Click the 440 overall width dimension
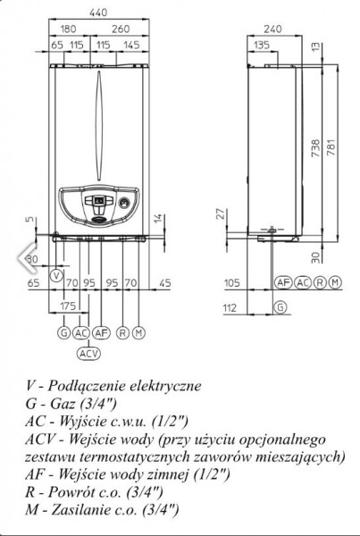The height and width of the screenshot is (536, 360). pyautogui.click(x=98, y=13)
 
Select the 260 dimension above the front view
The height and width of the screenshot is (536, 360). pyautogui.click(x=121, y=29)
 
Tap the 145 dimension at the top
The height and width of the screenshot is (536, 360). pyautogui.click(x=131, y=45)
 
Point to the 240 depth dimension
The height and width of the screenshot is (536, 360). pyautogui.click(x=272, y=29)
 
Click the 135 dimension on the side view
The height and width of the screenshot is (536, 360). pyautogui.click(x=262, y=45)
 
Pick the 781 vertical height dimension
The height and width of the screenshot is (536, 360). pyautogui.click(x=331, y=147)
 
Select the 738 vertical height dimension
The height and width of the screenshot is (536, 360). pyautogui.click(x=316, y=147)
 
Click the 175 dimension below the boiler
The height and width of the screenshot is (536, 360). pyautogui.click(x=68, y=306)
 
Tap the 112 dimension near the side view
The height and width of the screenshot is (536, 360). pyautogui.click(x=230, y=308)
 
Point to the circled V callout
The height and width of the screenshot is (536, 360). pyautogui.click(x=57, y=275)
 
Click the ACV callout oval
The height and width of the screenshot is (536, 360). pyautogui.click(x=89, y=353)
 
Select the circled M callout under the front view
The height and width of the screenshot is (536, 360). pyautogui.click(x=138, y=332)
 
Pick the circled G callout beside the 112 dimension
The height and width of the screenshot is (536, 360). pyautogui.click(x=280, y=307)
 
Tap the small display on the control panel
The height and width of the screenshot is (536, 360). pyautogui.click(x=99, y=201)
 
